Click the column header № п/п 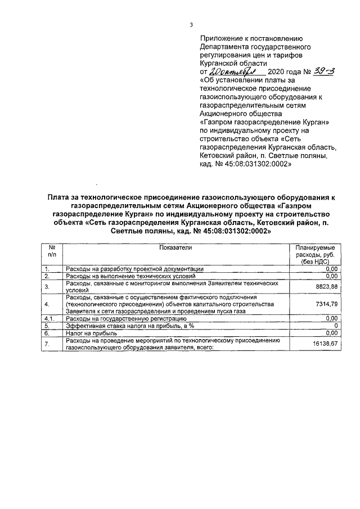pyautogui.click(x=51, y=251)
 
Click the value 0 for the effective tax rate pyautogui.click(x=335, y=326)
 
